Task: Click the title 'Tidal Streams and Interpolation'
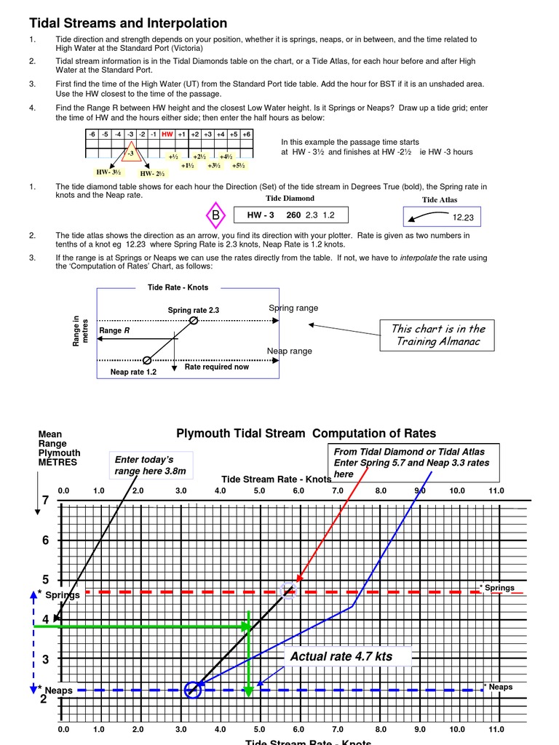click(128, 23)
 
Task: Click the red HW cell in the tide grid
click(167, 135)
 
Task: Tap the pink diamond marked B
click(215, 215)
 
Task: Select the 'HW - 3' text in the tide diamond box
click(261, 215)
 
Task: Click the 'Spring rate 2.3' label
click(194, 310)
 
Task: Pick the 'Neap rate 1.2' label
click(133, 372)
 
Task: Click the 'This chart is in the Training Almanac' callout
click(438, 335)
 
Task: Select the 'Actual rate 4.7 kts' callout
click(341, 656)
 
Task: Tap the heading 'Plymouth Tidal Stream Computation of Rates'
click(306, 434)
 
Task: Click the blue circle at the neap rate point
click(192, 690)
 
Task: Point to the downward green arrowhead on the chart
click(249, 690)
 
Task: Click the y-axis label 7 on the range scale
click(45, 501)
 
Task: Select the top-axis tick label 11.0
click(496, 491)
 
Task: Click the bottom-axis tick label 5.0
click(259, 728)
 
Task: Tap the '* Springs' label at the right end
click(498, 588)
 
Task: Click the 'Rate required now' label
click(216, 367)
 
